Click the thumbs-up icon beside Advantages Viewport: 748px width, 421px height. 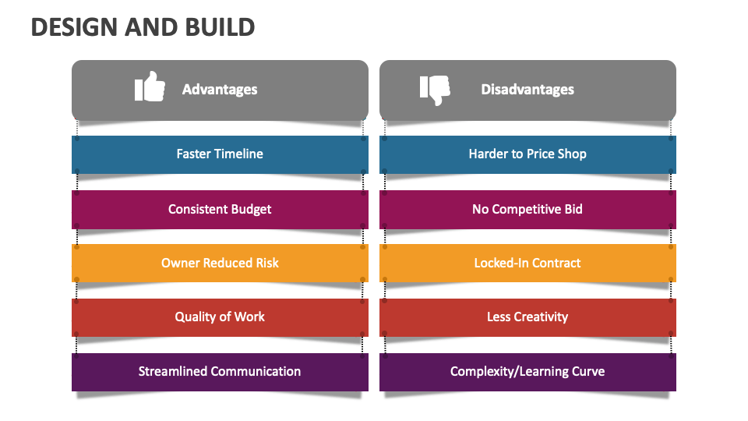(x=150, y=87)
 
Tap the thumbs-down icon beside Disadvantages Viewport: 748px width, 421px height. (x=435, y=90)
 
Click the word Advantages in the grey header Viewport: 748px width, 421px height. (x=220, y=90)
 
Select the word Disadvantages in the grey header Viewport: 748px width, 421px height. (x=527, y=90)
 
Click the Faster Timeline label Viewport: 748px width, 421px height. (x=220, y=154)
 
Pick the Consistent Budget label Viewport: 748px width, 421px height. (x=220, y=209)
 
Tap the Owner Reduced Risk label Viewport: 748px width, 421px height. (x=220, y=263)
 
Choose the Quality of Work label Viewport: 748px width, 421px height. (x=220, y=317)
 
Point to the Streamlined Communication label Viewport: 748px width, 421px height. (x=220, y=371)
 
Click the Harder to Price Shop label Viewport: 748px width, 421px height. (x=527, y=154)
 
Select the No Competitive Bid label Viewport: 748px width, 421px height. (x=527, y=209)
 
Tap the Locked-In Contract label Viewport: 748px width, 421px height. (x=527, y=263)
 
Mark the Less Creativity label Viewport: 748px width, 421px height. (x=527, y=317)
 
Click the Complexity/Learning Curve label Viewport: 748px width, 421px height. (x=527, y=371)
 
